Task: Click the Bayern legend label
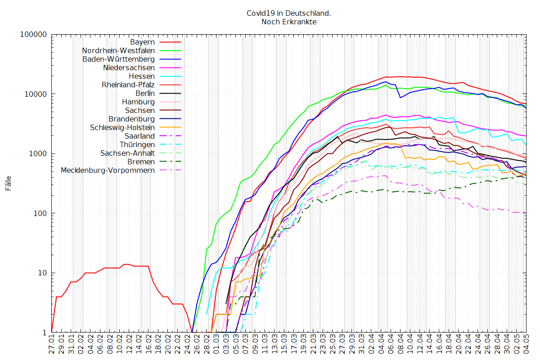point(143,42)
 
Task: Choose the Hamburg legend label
point(139,102)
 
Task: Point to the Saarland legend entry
point(139,136)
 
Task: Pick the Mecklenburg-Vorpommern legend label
point(108,170)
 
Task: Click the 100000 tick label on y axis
point(34,35)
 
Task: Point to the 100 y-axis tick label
point(39,213)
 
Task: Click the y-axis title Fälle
point(9,183)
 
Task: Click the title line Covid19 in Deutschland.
point(289,13)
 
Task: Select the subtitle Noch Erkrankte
point(289,22)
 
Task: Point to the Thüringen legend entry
point(137,144)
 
